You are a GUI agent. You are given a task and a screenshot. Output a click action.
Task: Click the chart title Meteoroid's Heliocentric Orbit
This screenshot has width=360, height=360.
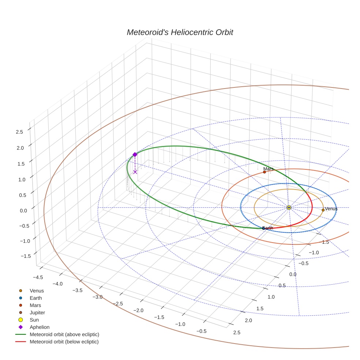(x=180, y=33)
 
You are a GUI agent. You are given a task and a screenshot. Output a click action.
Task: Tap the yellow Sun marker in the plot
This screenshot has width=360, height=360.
(x=289, y=208)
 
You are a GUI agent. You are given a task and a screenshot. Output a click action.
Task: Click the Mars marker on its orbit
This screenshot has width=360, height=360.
(x=264, y=172)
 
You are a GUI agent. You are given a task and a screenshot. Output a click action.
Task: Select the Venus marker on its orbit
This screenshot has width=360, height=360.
(x=323, y=210)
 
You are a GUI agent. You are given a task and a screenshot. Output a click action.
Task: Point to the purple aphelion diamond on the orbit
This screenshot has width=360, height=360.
(x=135, y=155)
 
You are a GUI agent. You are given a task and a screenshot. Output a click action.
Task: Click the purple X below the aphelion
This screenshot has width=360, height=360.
(x=135, y=172)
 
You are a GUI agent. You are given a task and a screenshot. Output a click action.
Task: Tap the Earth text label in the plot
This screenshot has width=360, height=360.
(x=268, y=228)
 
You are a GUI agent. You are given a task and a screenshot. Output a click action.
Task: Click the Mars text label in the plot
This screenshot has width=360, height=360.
(x=269, y=169)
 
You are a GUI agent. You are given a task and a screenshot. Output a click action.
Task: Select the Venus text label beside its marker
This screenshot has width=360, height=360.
(x=331, y=209)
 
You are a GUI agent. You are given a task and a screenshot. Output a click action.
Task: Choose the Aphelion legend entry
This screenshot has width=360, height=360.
(x=40, y=327)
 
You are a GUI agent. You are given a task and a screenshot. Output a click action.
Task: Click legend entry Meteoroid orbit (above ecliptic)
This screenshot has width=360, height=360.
(x=64, y=334)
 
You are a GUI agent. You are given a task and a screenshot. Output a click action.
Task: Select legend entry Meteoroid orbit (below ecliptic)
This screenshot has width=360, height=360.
(x=64, y=342)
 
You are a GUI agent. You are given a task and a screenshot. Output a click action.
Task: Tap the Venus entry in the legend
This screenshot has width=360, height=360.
(x=37, y=290)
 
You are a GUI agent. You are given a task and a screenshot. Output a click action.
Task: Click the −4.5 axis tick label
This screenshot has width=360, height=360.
(x=38, y=277)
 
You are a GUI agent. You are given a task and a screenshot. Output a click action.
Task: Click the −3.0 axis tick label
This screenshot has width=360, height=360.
(x=98, y=297)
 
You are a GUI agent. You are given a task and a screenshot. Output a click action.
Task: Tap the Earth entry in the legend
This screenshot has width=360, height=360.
(x=36, y=298)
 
